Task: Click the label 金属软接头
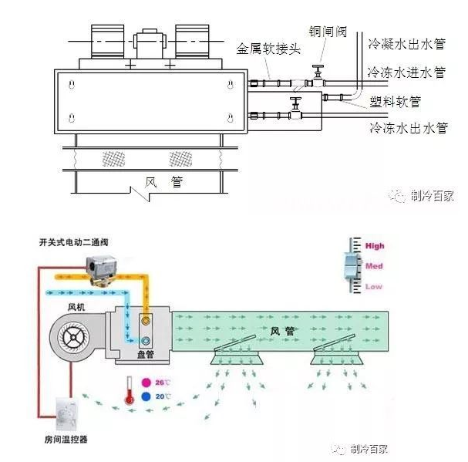coord(267,49)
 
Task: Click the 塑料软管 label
coord(395,100)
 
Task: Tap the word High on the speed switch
coord(375,247)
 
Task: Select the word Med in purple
coord(374,267)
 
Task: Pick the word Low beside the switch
coord(374,287)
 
